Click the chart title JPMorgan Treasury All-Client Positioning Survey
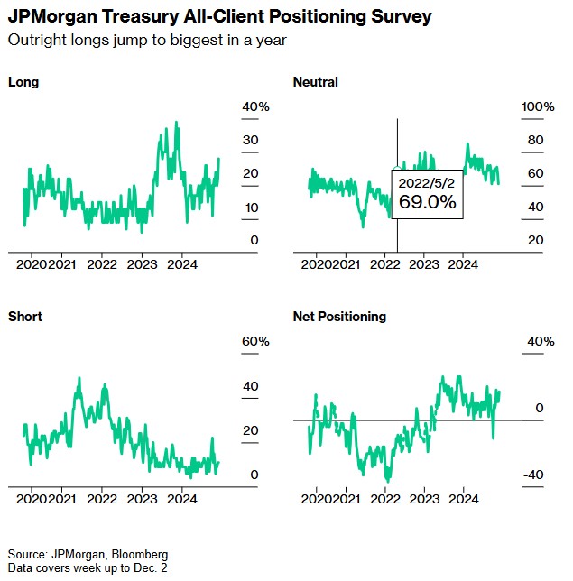[219, 17]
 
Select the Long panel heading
[23, 82]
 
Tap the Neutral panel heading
[316, 82]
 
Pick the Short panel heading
[25, 317]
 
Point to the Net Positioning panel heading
[339, 317]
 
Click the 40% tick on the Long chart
[255, 107]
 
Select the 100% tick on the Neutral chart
[539, 107]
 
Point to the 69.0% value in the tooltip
[428, 202]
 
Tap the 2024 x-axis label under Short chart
[182, 498]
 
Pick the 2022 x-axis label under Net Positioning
[385, 498]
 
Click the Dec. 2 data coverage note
[88, 567]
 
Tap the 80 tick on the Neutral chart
[535, 140]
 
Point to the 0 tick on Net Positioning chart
[539, 409]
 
